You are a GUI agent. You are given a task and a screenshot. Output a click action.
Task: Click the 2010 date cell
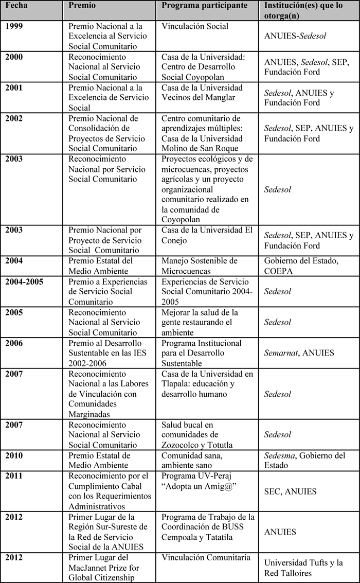coord(15,455)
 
